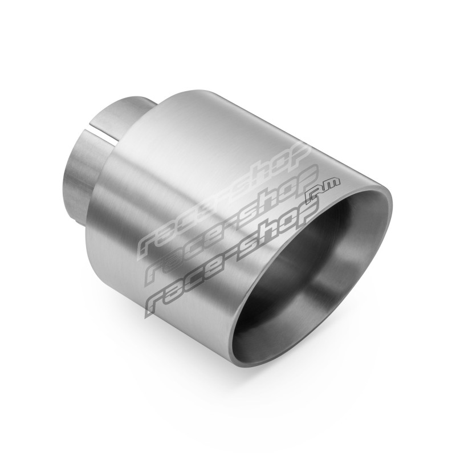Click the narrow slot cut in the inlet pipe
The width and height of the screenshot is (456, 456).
(x=104, y=132)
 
